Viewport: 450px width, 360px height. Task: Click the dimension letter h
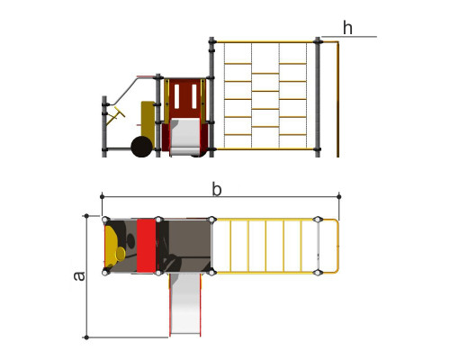[347, 28]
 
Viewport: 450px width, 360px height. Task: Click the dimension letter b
[217, 190]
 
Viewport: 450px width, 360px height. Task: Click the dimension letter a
[79, 276]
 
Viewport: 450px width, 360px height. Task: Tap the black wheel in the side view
[142, 147]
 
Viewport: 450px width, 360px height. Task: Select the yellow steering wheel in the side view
[116, 115]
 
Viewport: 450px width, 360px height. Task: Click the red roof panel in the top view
[147, 246]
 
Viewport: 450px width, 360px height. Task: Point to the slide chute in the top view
[184, 303]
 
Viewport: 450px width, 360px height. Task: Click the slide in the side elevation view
[184, 137]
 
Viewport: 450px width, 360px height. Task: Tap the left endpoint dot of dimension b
[102, 196]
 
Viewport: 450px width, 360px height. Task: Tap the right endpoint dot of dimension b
[339, 196]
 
